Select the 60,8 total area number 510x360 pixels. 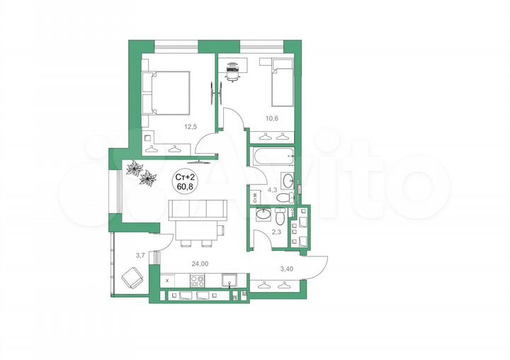click(188, 187)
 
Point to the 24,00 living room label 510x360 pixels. click(200, 264)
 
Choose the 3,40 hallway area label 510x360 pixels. click(287, 269)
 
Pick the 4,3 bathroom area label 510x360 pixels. click(273, 190)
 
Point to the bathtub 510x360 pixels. click(272, 157)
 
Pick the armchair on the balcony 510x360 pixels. click(132, 279)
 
